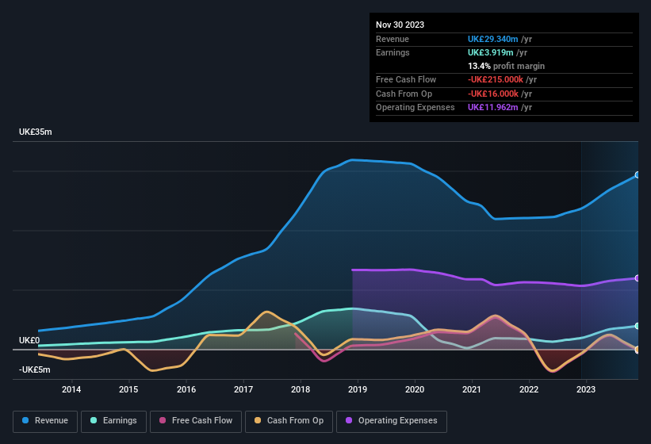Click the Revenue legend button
[x=46, y=420]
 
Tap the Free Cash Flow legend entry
[x=194, y=420]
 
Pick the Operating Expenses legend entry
[x=392, y=420]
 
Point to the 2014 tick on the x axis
[x=71, y=388]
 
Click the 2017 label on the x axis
[x=243, y=388]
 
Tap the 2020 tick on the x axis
[x=415, y=388]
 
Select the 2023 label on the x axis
[x=586, y=388]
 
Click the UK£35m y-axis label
[x=36, y=132]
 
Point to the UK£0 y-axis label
[x=29, y=340]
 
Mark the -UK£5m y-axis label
[x=35, y=369]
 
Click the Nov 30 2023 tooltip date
[x=400, y=25]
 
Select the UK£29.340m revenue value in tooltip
[x=492, y=39]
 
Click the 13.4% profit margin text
[x=506, y=66]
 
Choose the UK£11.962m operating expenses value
[x=492, y=107]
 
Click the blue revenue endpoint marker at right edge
[x=637, y=175]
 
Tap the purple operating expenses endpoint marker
[x=637, y=278]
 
